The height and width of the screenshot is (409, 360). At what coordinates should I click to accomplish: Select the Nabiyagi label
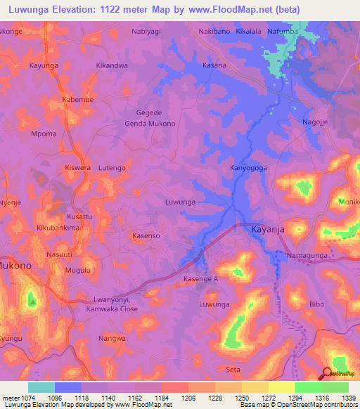[147, 32]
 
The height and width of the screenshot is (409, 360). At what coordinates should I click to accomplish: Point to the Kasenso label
[146, 237]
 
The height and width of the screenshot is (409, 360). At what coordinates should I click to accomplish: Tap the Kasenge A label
[201, 279]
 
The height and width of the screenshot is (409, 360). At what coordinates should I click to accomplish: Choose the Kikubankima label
[58, 229]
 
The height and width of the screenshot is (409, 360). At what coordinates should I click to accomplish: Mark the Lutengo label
[112, 168]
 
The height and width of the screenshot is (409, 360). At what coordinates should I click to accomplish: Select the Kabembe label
[77, 99]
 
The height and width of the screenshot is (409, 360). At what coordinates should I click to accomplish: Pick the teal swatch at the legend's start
[41, 387]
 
